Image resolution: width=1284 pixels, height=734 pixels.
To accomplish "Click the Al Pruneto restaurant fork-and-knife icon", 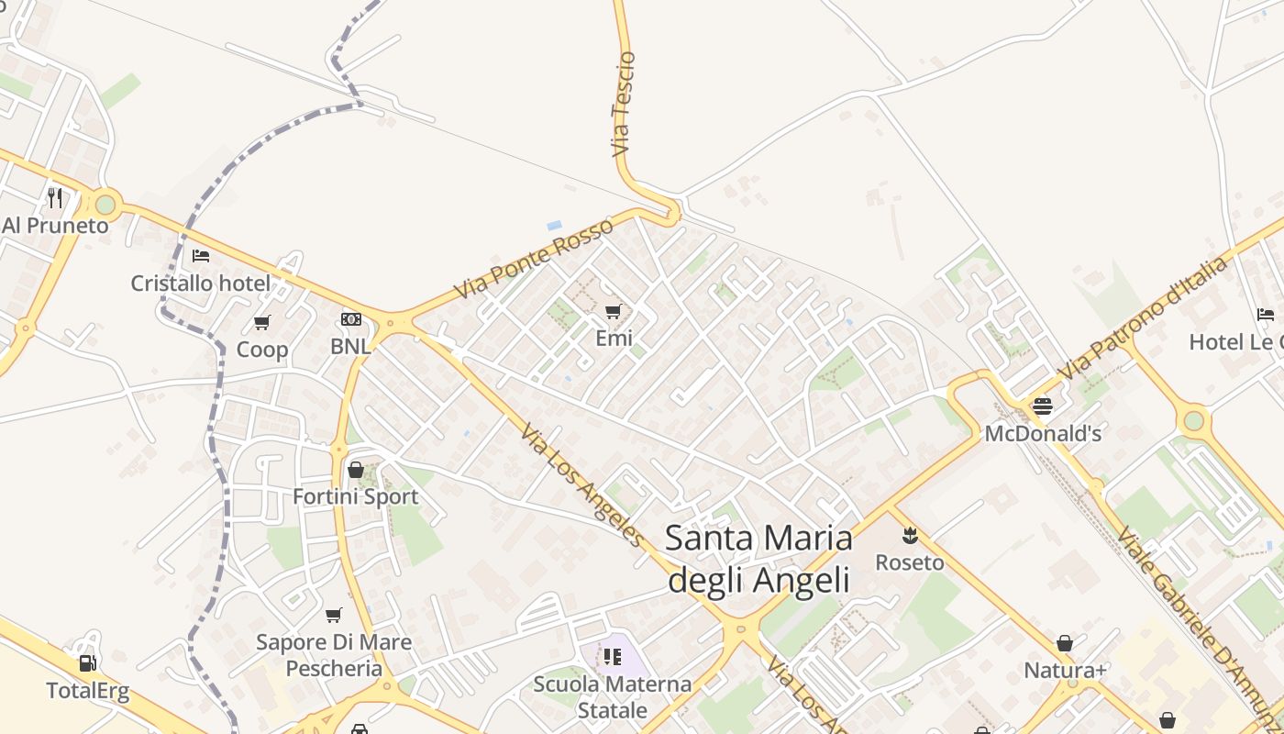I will pyautogui.click(x=55, y=197).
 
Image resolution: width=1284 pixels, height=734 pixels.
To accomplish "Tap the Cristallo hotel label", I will pyautogui.click(x=201, y=284).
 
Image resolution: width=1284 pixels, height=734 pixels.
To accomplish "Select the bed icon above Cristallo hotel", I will pyautogui.click(x=201, y=256).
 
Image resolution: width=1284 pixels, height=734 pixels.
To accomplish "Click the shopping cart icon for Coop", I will pyautogui.click(x=262, y=322).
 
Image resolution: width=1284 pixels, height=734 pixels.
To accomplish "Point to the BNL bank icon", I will pyautogui.click(x=350, y=319).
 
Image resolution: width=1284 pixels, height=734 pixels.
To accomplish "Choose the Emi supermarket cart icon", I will pyautogui.click(x=614, y=311).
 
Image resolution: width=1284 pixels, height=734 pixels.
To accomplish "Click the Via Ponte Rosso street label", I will pyautogui.click(x=533, y=259).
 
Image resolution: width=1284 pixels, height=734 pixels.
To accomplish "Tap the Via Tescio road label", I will pyautogui.click(x=623, y=104).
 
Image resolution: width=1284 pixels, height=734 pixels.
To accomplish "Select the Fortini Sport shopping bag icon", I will pyautogui.click(x=356, y=470).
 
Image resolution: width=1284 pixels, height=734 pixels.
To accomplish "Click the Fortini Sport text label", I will pyautogui.click(x=355, y=497).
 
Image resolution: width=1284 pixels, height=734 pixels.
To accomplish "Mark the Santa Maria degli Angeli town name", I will pyautogui.click(x=758, y=558).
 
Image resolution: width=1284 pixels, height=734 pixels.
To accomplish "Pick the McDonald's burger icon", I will pyautogui.click(x=1043, y=405).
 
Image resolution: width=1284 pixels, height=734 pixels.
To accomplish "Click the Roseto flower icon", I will pyautogui.click(x=910, y=534).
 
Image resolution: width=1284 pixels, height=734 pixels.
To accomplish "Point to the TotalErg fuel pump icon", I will pyautogui.click(x=88, y=662).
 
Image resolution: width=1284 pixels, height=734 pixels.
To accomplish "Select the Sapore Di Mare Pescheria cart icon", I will pyautogui.click(x=334, y=615).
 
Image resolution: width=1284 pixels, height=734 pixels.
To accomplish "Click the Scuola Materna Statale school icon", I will pyautogui.click(x=613, y=657).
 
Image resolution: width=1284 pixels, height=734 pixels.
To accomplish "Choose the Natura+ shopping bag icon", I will pyautogui.click(x=1065, y=643).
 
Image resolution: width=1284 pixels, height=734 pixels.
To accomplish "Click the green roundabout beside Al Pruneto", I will pyautogui.click(x=105, y=204).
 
